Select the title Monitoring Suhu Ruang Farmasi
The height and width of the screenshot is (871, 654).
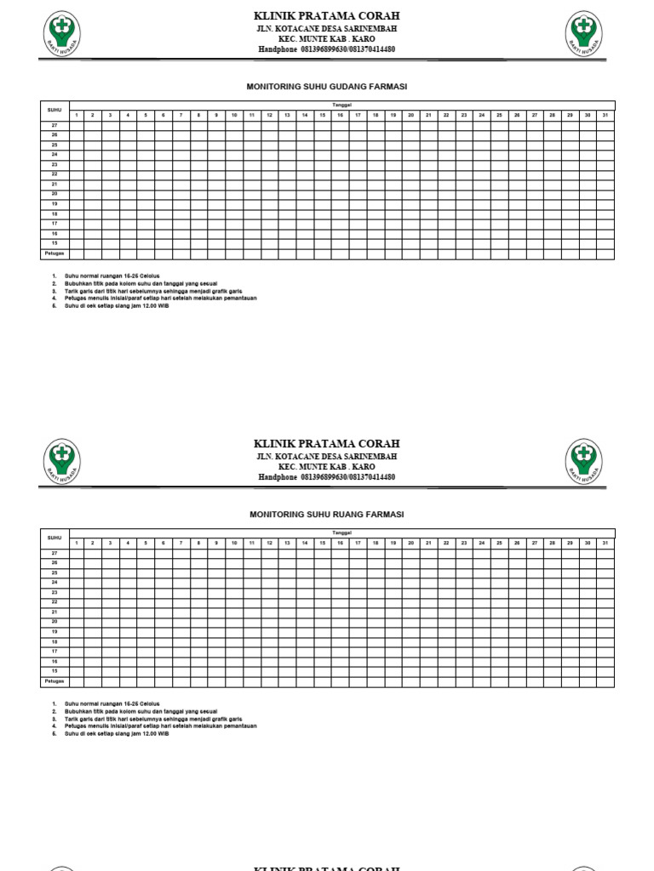point(326,515)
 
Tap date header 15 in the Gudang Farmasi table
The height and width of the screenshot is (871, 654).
point(323,115)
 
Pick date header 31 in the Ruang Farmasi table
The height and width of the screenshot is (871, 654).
point(605,543)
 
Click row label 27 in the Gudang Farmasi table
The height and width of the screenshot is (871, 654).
point(54,125)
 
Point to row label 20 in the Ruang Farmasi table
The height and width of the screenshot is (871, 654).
point(54,622)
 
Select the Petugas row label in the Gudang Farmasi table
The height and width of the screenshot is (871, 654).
point(54,253)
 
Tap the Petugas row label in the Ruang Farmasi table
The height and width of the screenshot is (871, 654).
point(54,681)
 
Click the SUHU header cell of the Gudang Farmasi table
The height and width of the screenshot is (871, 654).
point(54,110)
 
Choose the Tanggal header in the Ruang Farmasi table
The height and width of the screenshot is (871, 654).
point(341,532)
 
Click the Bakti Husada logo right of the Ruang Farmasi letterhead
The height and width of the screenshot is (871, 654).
point(584,461)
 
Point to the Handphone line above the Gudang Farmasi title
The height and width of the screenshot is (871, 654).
point(326,49)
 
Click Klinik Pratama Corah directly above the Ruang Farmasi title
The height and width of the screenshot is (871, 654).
point(326,444)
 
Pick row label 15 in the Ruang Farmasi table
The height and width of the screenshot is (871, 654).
point(54,671)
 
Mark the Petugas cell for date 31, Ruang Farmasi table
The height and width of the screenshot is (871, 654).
point(605,681)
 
